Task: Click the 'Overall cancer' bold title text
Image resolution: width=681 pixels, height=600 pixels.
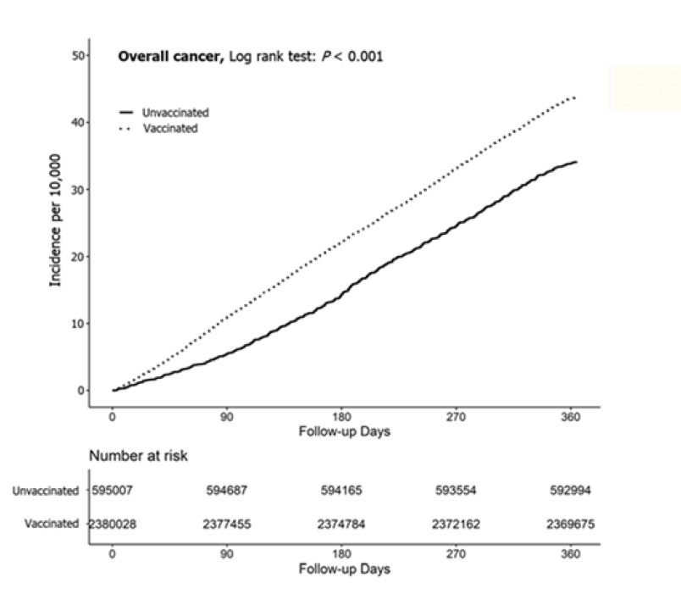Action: (x=170, y=58)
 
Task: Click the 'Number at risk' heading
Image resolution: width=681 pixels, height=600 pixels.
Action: (x=139, y=455)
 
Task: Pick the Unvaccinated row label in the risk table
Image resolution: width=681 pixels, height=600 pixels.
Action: (x=45, y=491)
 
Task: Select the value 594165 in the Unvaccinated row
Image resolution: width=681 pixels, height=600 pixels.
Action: (x=342, y=491)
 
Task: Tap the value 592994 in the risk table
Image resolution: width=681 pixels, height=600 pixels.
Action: (x=571, y=491)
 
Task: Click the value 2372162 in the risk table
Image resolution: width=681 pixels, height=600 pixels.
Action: (x=457, y=525)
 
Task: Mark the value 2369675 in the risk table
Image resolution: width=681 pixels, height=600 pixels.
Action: (x=571, y=525)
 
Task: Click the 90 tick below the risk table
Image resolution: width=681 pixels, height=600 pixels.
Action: (x=227, y=554)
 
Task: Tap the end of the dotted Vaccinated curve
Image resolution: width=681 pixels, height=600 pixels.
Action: (x=575, y=97)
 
